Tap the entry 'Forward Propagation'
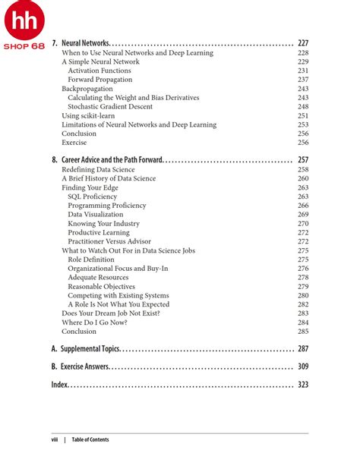point(99,80)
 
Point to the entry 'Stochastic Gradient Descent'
point(109,107)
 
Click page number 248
point(303,107)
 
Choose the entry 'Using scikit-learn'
point(87,116)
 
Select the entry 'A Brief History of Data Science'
point(109,178)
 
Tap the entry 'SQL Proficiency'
point(92,197)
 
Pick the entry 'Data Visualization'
point(95,215)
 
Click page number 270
point(303,224)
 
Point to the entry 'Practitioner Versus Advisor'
point(109,241)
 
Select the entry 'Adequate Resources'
point(98,278)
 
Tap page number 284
point(303,323)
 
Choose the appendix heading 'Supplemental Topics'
point(90,349)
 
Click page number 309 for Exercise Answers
point(302,367)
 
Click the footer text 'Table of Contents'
point(90,440)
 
